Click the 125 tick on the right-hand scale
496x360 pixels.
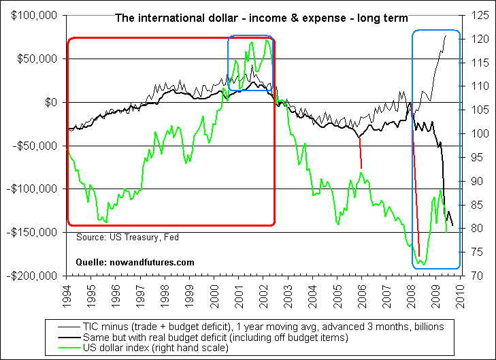tap(476, 15)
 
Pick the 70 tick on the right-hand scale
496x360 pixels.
tap(474, 276)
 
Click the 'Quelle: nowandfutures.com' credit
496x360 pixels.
tap(135, 262)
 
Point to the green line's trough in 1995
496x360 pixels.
tap(104, 221)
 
